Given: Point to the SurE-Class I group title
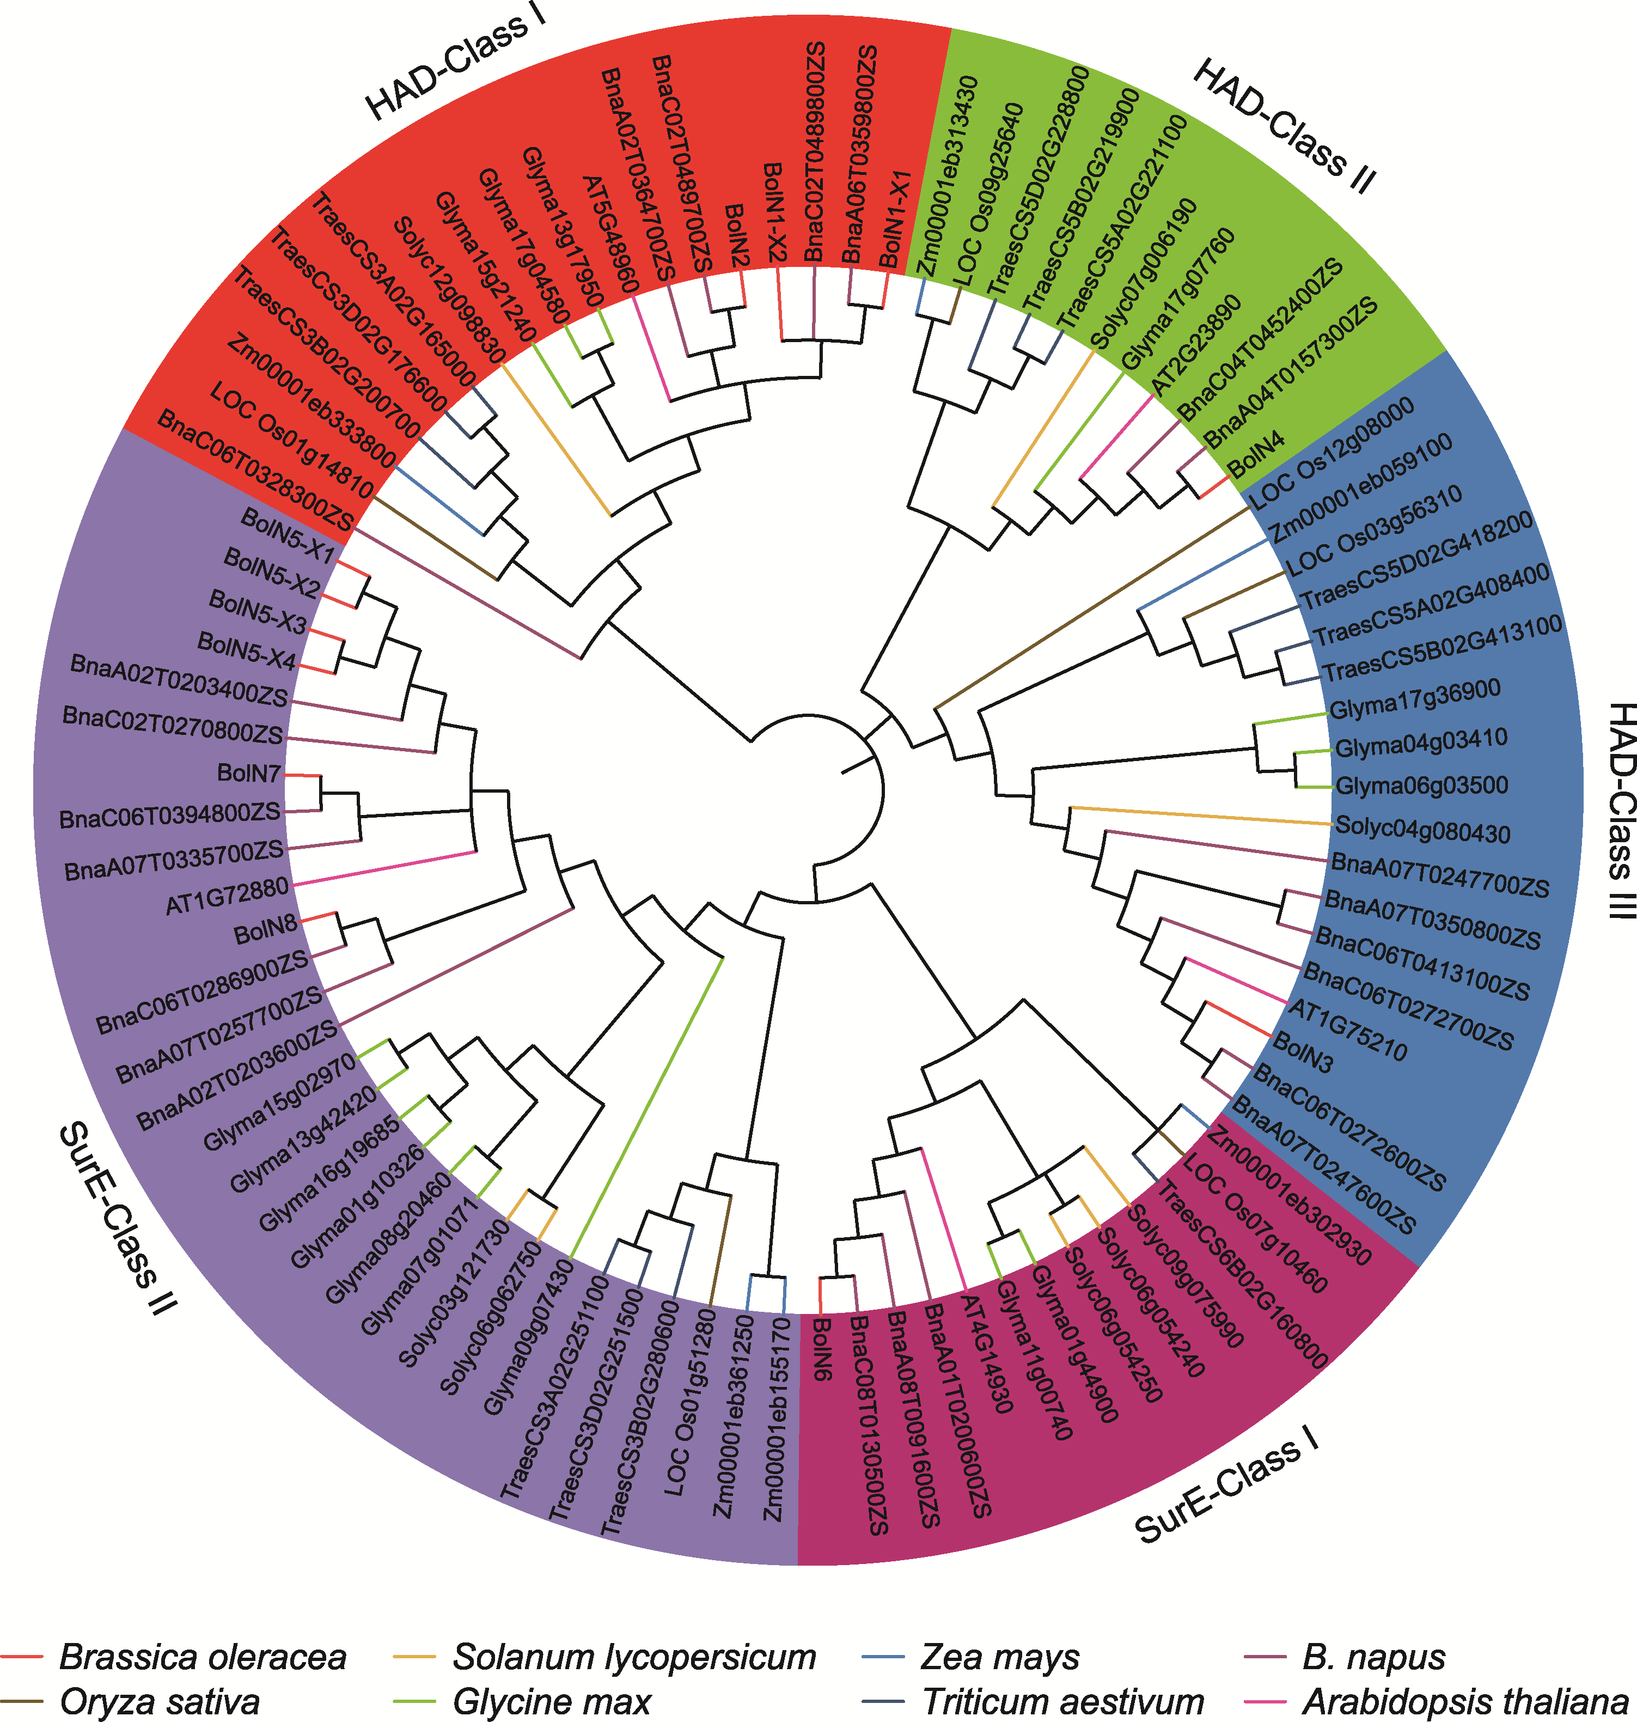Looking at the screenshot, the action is pos(1226,1489).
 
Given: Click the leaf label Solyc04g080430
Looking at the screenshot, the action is pos(1422,830).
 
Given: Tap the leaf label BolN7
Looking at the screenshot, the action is pos(249,773).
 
